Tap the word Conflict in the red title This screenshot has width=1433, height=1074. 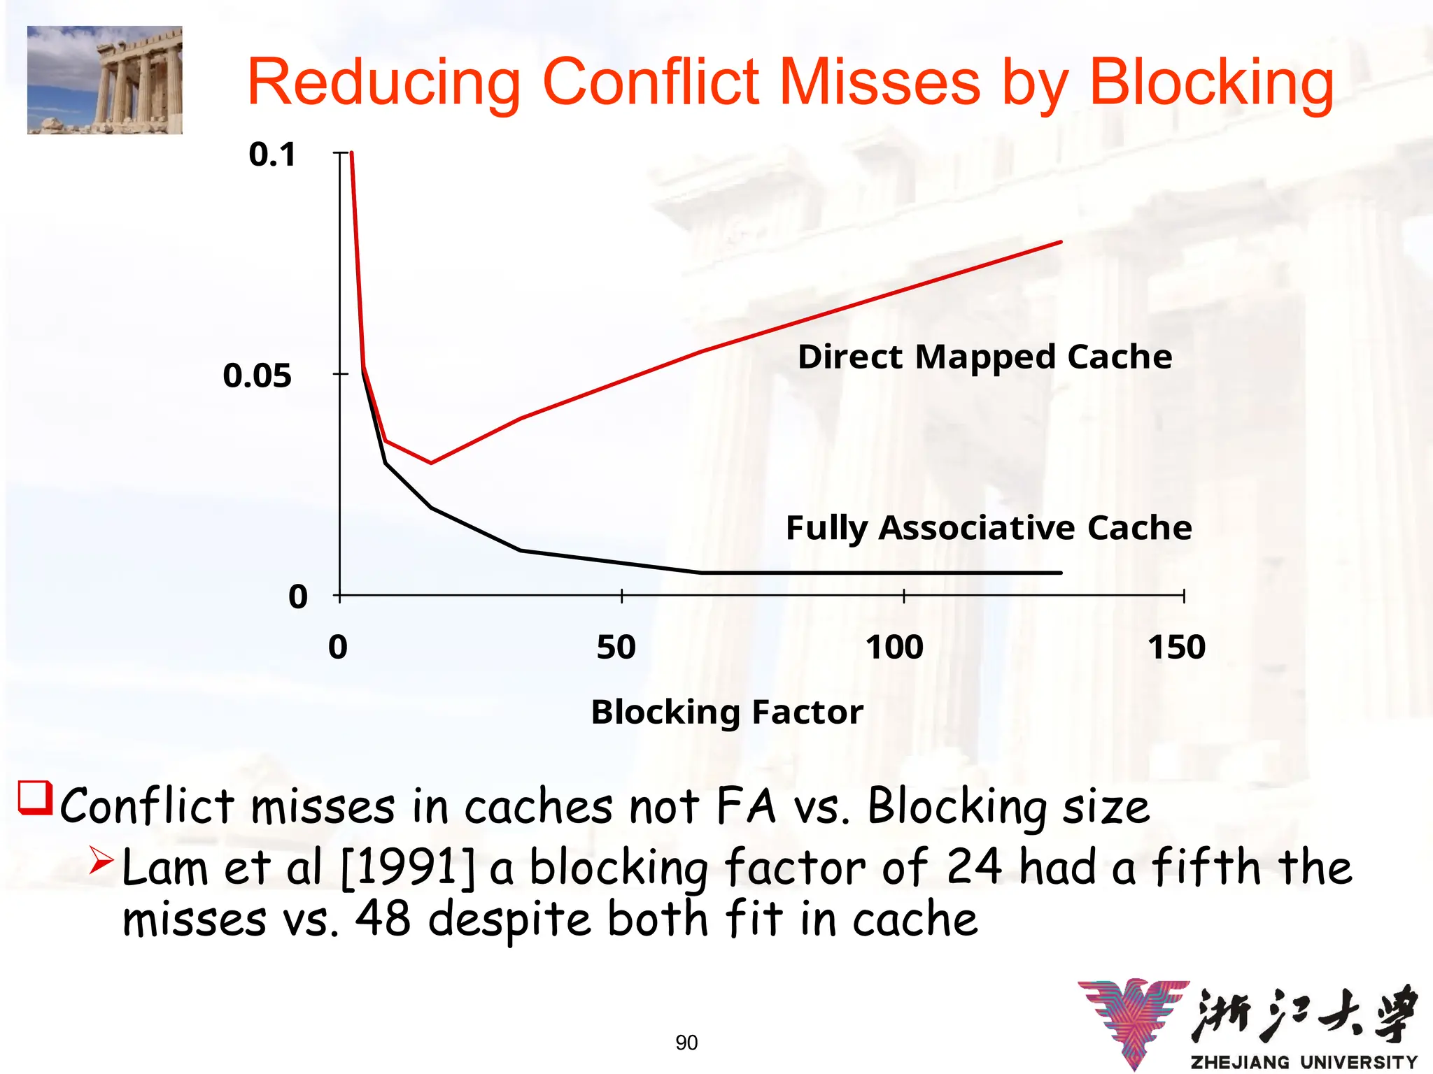[650, 83]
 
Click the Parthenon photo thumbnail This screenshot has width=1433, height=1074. [105, 80]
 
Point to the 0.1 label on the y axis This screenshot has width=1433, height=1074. [272, 155]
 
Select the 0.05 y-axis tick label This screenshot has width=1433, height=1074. [257, 375]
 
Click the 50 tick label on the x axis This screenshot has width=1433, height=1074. [616, 647]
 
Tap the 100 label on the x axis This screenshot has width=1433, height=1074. [894, 647]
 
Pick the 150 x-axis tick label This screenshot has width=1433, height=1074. [1177, 647]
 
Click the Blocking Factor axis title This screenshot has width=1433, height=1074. [727, 713]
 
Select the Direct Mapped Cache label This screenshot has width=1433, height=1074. [984, 357]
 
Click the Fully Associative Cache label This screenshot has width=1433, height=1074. [989, 528]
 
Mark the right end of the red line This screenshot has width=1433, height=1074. [1061, 242]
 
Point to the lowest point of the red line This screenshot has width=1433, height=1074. [431, 463]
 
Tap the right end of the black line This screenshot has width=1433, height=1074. [1061, 573]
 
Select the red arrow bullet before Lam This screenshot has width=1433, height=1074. [101, 861]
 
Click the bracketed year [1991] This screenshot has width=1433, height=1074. [407, 868]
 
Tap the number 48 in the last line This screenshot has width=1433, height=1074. [383, 919]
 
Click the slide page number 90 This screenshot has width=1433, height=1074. [686, 1043]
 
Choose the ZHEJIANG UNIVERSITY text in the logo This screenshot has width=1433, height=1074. [1304, 1062]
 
